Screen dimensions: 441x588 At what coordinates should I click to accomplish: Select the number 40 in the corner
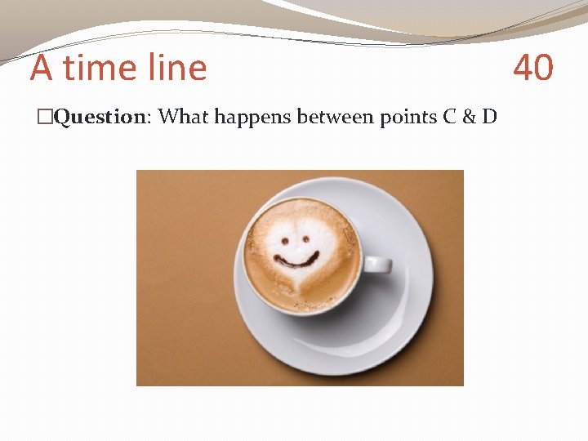(532, 68)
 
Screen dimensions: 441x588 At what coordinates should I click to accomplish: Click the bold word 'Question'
(99, 118)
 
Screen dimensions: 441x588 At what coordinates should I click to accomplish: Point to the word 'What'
(185, 117)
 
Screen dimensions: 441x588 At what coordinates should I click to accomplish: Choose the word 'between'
(335, 117)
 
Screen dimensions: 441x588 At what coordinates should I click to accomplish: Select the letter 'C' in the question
(449, 117)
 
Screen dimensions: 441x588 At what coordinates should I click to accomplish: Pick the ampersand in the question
(469, 117)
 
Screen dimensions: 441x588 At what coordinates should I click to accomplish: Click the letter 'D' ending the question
(489, 117)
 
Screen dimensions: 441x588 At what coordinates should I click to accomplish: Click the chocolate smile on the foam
(296, 261)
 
